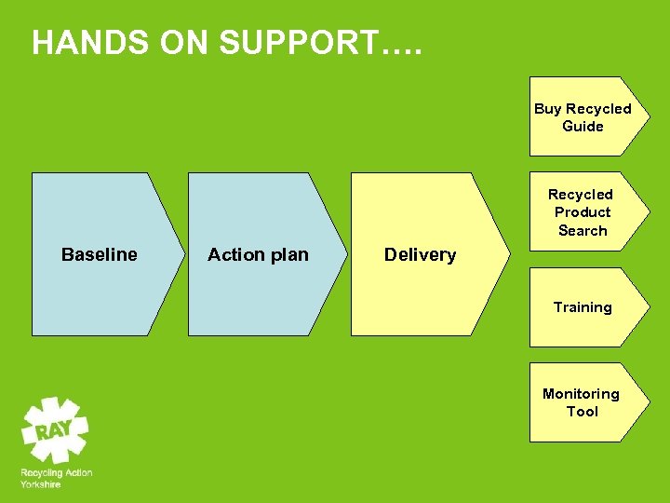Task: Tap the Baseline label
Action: pyautogui.click(x=99, y=254)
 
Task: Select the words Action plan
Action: pyautogui.click(x=258, y=254)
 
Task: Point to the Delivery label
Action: pyautogui.click(x=420, y=254)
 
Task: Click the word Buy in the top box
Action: pyautogui.click(x=547, y=109)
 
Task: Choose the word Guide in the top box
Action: pyautogui.click(x=583, y=127)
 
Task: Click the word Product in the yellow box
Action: pyautogui.click(x=582, y=212)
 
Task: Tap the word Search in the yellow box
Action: pyautogui.click(x=583, y=230)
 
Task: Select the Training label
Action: pyautogui.click(x=583, y=307)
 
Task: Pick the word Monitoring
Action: pyautogui.click(x=581, y=394)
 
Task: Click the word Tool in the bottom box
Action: pyautogui.click(x=583, y=412)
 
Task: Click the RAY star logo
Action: pyautogui.click(x=55, y=429)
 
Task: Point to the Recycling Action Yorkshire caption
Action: pyautogui.click(x=56, y=478)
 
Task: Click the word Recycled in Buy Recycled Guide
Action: pyautogui.click(x=598, y=109)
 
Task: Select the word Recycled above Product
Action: pyautogui.click(x=581, y=195)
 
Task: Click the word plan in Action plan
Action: pyautogui.click(x=288, y=254)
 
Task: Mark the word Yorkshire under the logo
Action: pyautogui.click(x=41, y=484)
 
